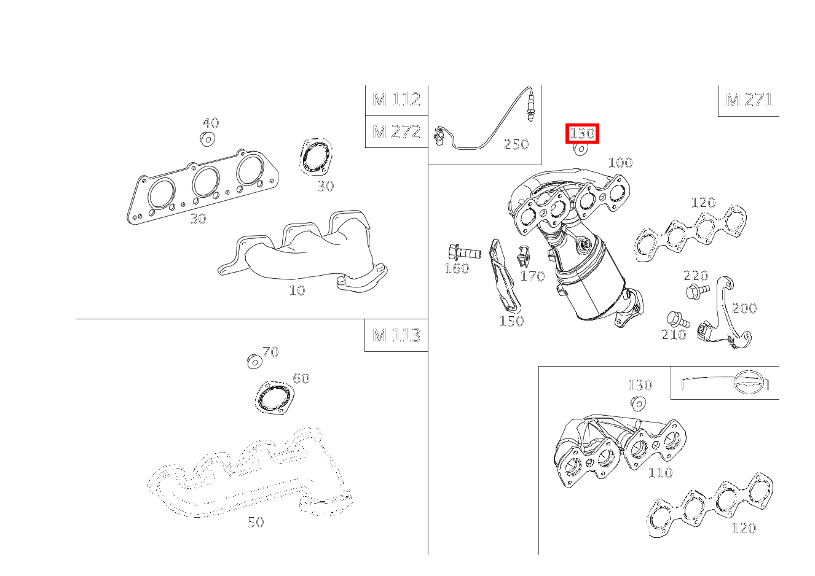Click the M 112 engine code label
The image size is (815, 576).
[x=396, y=99]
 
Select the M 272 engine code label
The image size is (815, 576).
[x=396, y=131]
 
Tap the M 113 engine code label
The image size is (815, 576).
[x=396, y=335]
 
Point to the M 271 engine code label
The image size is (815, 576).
[x=749, y=100]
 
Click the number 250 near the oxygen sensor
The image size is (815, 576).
[x=516, y=145]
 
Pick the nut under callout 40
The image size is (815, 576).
[x=207, y=139]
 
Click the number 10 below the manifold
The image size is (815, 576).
[x=297, y=290]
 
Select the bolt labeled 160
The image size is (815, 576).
[x=463, y=252]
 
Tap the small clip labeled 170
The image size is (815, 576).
[x=523, y=255]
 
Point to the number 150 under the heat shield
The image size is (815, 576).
[x=511, y=321]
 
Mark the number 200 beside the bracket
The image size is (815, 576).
[x=744, y=308]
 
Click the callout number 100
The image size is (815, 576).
[x=620, y=163]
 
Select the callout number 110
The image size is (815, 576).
[x=660, y=473]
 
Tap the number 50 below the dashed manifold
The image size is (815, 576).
[x=256, y=522]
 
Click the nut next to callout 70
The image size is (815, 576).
[x=254, y=361]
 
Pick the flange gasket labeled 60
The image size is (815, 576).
[x=274, y=398]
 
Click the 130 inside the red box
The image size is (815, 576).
[x=582, y=133]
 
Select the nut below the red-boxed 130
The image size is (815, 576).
[x=580, y=149]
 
